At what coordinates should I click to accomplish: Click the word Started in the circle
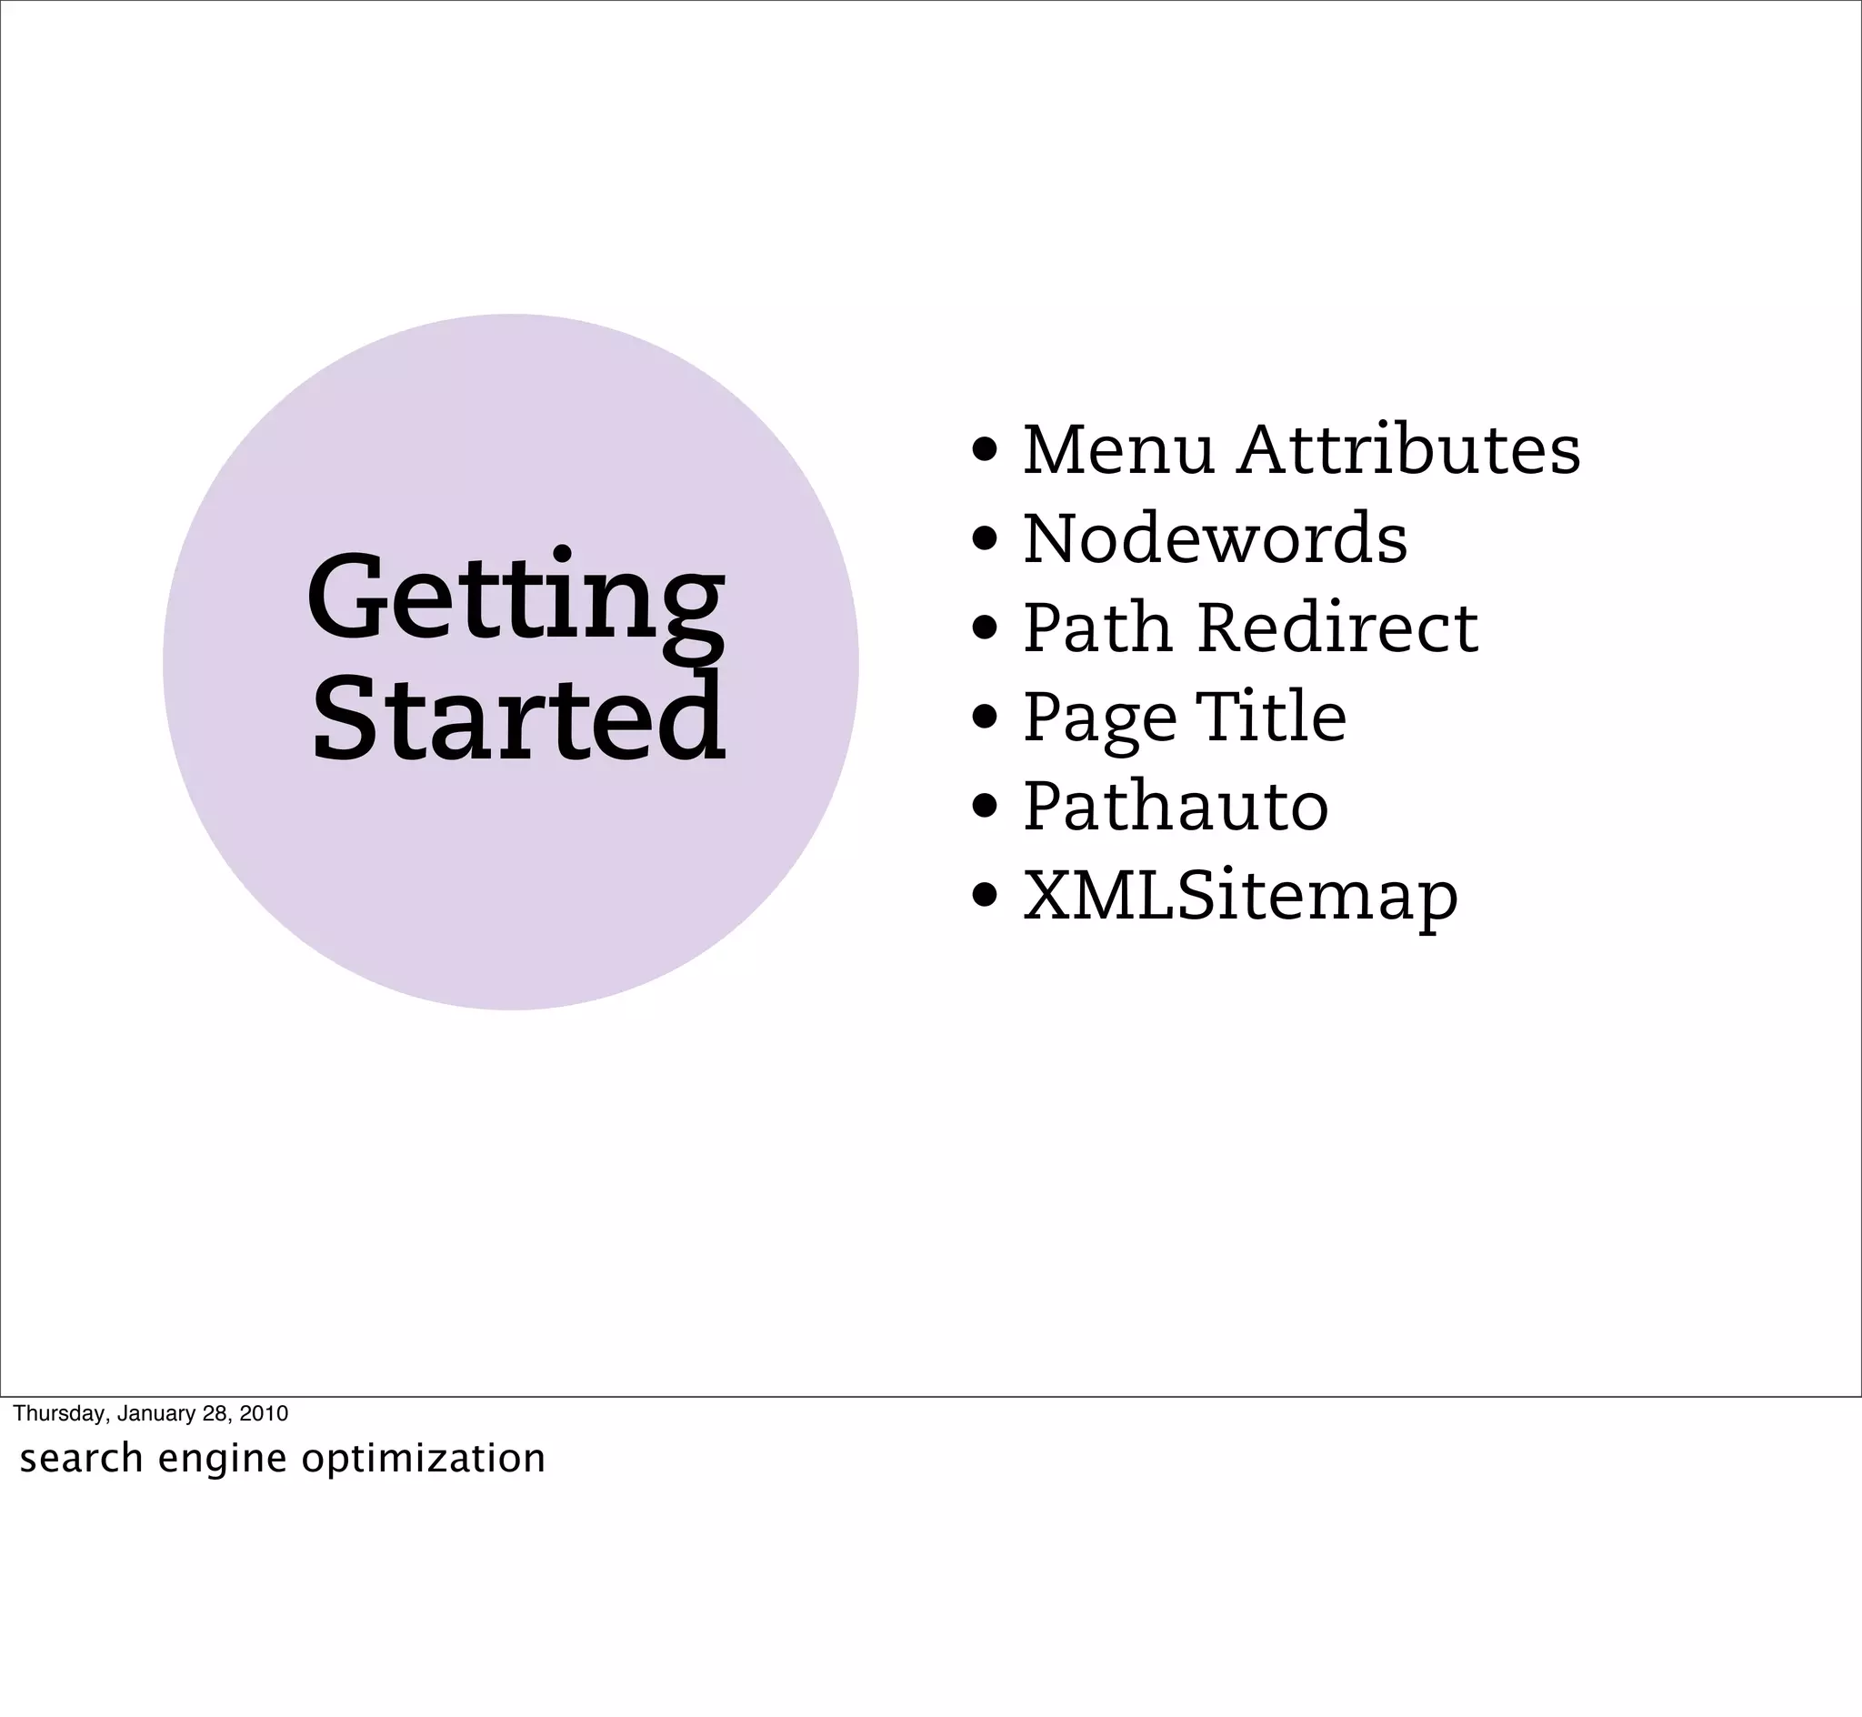[x=518, y=720]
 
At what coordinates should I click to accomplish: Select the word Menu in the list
[x=1118, y=450]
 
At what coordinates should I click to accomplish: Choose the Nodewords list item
[x=1215, y=539]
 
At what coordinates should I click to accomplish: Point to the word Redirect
[x=1337, y=628]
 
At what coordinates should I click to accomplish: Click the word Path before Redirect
[x=1097, y=628]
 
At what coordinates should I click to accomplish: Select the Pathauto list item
[x=1176, y=806]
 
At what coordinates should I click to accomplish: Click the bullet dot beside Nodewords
[x=985, y=539]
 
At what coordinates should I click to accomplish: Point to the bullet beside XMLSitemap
[x=985, y=896]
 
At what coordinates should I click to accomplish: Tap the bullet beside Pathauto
[x=985, y=806]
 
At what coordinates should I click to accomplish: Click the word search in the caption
[x=82, y=1459]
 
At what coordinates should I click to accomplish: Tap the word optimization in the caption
[x=424, y=1459]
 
